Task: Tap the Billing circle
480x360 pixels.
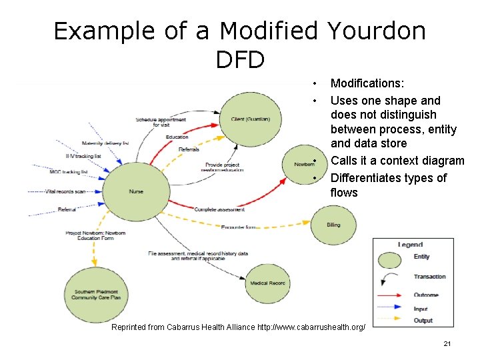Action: pyautogui.click(x=333, y=225)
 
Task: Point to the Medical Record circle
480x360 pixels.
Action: pyautogui.click(x=267, y=283)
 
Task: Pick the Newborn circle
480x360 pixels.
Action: pyautogui.click(x=304, y=164)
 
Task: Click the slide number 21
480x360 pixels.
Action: pyautogui.click(x=447, y=343)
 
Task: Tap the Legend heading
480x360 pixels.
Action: pyautogui.click(x=410, y=245)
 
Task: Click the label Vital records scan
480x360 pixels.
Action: pyautogui.click(x=67, y=192)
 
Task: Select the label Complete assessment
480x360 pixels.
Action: pyautogui.click(x=219, y=209)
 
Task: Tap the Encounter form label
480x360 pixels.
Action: pyautogui.click(x=239, y=227)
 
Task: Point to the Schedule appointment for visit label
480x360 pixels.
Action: pyautogui.click(x=161, y=122)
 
